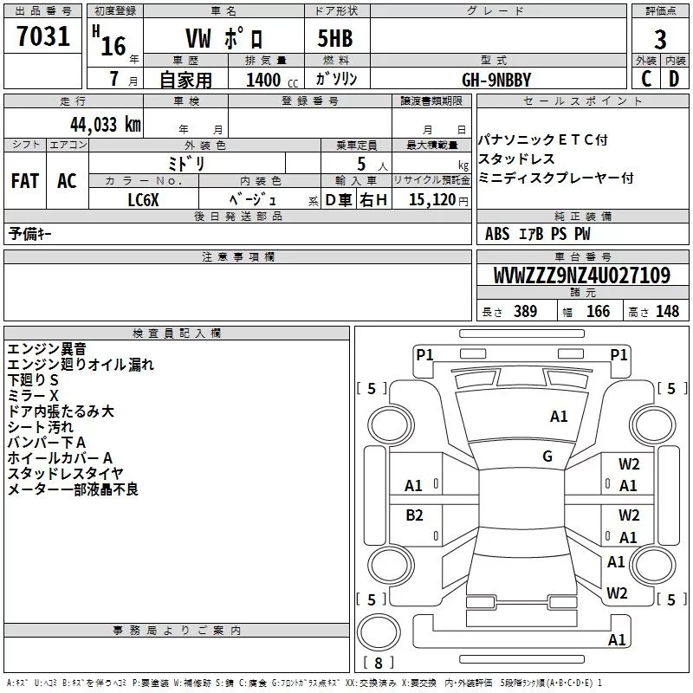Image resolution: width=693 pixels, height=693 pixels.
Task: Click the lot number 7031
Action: [43, 39]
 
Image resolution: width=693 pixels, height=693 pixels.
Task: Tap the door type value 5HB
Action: [327, 40]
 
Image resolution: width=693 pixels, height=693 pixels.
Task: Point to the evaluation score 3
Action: [660, 40]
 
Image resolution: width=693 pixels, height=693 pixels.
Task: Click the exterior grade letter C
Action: [645, 79]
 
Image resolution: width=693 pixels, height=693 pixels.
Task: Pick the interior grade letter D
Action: [675, 79]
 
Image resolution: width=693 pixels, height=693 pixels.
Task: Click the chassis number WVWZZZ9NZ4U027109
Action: [581, 275]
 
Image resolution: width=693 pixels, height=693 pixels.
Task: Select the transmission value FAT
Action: [24, 181]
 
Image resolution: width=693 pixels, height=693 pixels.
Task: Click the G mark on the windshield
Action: [547, 457]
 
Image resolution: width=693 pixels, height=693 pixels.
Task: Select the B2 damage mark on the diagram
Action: [415, 515]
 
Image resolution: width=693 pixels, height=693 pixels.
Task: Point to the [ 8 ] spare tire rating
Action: [378, 664]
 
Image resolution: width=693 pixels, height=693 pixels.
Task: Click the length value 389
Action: [525, 312]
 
